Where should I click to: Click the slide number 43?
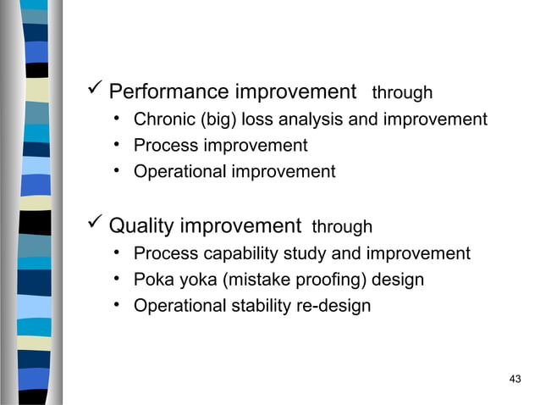click(x=515, y=378)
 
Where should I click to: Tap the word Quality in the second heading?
click(x=141, y=226)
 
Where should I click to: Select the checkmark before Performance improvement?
click(x=96, y=90)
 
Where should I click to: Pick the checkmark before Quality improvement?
click(x=96, y=225)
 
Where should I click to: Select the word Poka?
click(x=152, y=280)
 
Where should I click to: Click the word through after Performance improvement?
click(x=402, y=92)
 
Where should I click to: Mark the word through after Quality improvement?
click(x=342, y=227)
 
